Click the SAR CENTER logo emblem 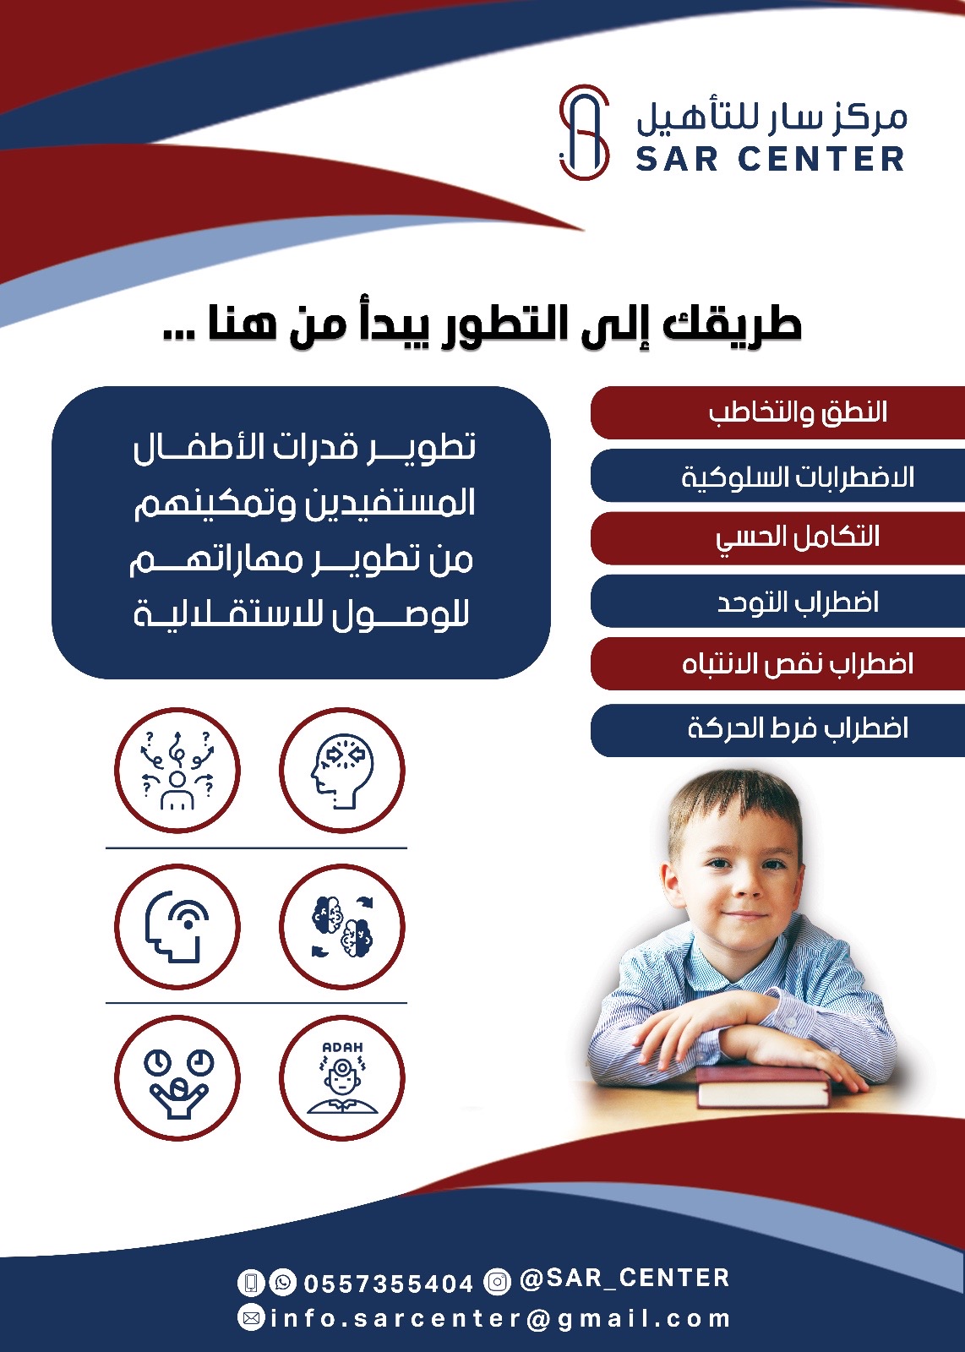coord(584,133)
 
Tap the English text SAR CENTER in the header coord(770,159)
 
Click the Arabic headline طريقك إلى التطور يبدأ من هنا coord(482,325)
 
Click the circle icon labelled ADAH coord(342,1078)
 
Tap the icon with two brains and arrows coord(342,927)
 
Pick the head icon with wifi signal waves coord(177,927)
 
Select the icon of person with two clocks coord(177,1078)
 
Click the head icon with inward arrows coord(342,771)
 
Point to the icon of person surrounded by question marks coord(177,771)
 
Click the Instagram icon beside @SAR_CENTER coord(498,1282)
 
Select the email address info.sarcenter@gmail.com coord(499,1319)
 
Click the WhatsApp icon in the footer coord(282,1283)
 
